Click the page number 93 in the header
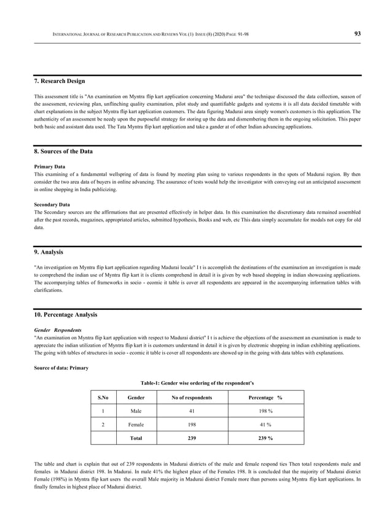[x=357, y=34]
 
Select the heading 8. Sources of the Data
[x=63, y=151]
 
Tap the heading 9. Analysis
[x=49, y=251]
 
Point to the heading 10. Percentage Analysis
[x=65, y=315]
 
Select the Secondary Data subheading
[x=52, y=204]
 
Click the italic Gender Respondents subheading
[x=58, y=329]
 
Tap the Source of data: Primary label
[x=61, y=368]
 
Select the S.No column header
[x=103, y=398]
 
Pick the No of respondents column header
[x=192, y=398]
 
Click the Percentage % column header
[x=265, y=398]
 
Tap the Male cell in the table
[x=136, y=411]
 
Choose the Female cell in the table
[x=136, y=424]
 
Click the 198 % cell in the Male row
[x=265, y=411]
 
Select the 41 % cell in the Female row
[x=265, y=424]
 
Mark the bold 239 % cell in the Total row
[x=265, y=438]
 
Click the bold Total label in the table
[x=136, y=438]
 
